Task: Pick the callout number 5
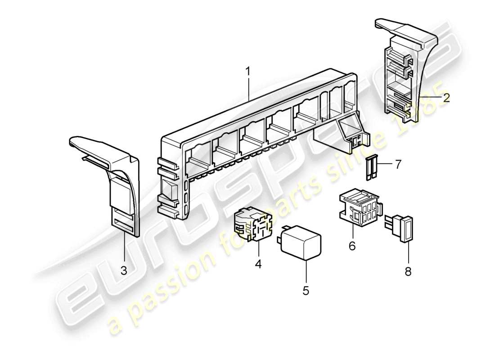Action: tap(306, 290)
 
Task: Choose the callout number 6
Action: tap(352, 246)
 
